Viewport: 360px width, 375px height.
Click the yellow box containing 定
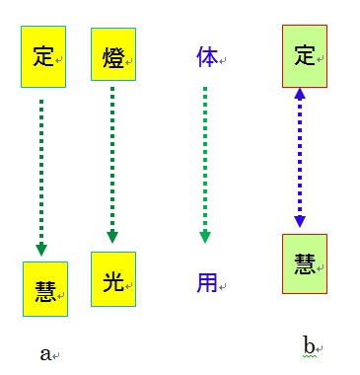coord(43,57)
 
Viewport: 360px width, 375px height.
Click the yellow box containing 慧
coord(44,289)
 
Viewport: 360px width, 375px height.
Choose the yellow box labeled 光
coord(112,279)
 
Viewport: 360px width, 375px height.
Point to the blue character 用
coord(206,281)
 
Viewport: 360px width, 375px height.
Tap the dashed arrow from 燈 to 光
coord(112,163)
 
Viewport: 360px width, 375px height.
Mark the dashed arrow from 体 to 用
coord(205,163)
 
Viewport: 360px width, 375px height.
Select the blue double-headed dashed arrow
coord(300,158)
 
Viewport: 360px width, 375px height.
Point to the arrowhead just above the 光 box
coord(112,236)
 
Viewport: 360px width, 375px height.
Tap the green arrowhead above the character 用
coord(205,236)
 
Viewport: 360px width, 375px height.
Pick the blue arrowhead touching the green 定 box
coord(300,96)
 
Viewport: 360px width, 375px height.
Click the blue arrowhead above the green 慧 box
coord(300,221)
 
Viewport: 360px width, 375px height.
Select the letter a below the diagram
coord(44,353)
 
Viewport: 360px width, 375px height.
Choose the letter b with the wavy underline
coord(309,344)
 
